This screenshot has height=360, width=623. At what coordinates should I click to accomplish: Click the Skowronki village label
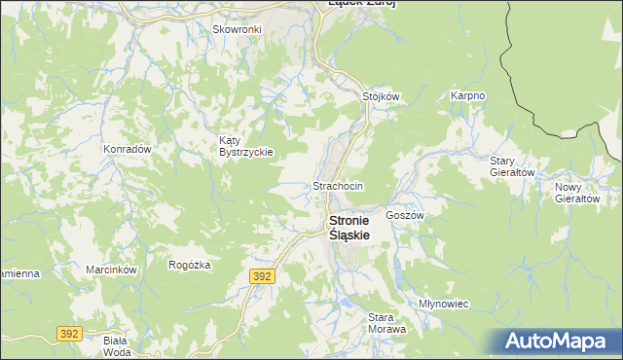(237, 29)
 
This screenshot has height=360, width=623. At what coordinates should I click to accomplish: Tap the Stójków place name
(382, 96)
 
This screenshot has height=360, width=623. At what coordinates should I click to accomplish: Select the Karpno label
(467, 96)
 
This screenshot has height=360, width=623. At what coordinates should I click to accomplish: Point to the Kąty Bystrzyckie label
(245, 147)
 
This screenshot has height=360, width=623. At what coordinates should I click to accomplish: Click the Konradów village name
(127, 150)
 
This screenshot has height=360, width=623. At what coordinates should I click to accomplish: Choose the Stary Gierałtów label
(512, 166)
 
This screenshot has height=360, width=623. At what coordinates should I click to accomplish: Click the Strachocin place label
(338, 186)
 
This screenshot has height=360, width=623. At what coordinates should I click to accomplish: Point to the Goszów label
(404, 215)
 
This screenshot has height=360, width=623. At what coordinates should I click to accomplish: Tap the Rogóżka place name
(190, 265)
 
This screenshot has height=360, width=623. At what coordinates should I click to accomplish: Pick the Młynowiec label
(444, 304)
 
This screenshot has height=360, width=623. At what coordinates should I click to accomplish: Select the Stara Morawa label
(386, 323)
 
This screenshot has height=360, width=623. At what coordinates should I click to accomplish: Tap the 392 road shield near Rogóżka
(262, 277)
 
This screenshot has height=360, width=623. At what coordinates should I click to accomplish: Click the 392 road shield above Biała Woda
(69, 333)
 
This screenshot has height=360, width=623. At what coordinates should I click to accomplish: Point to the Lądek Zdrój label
(361, 4)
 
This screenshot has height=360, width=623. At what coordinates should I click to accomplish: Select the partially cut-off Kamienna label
(18, 273)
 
